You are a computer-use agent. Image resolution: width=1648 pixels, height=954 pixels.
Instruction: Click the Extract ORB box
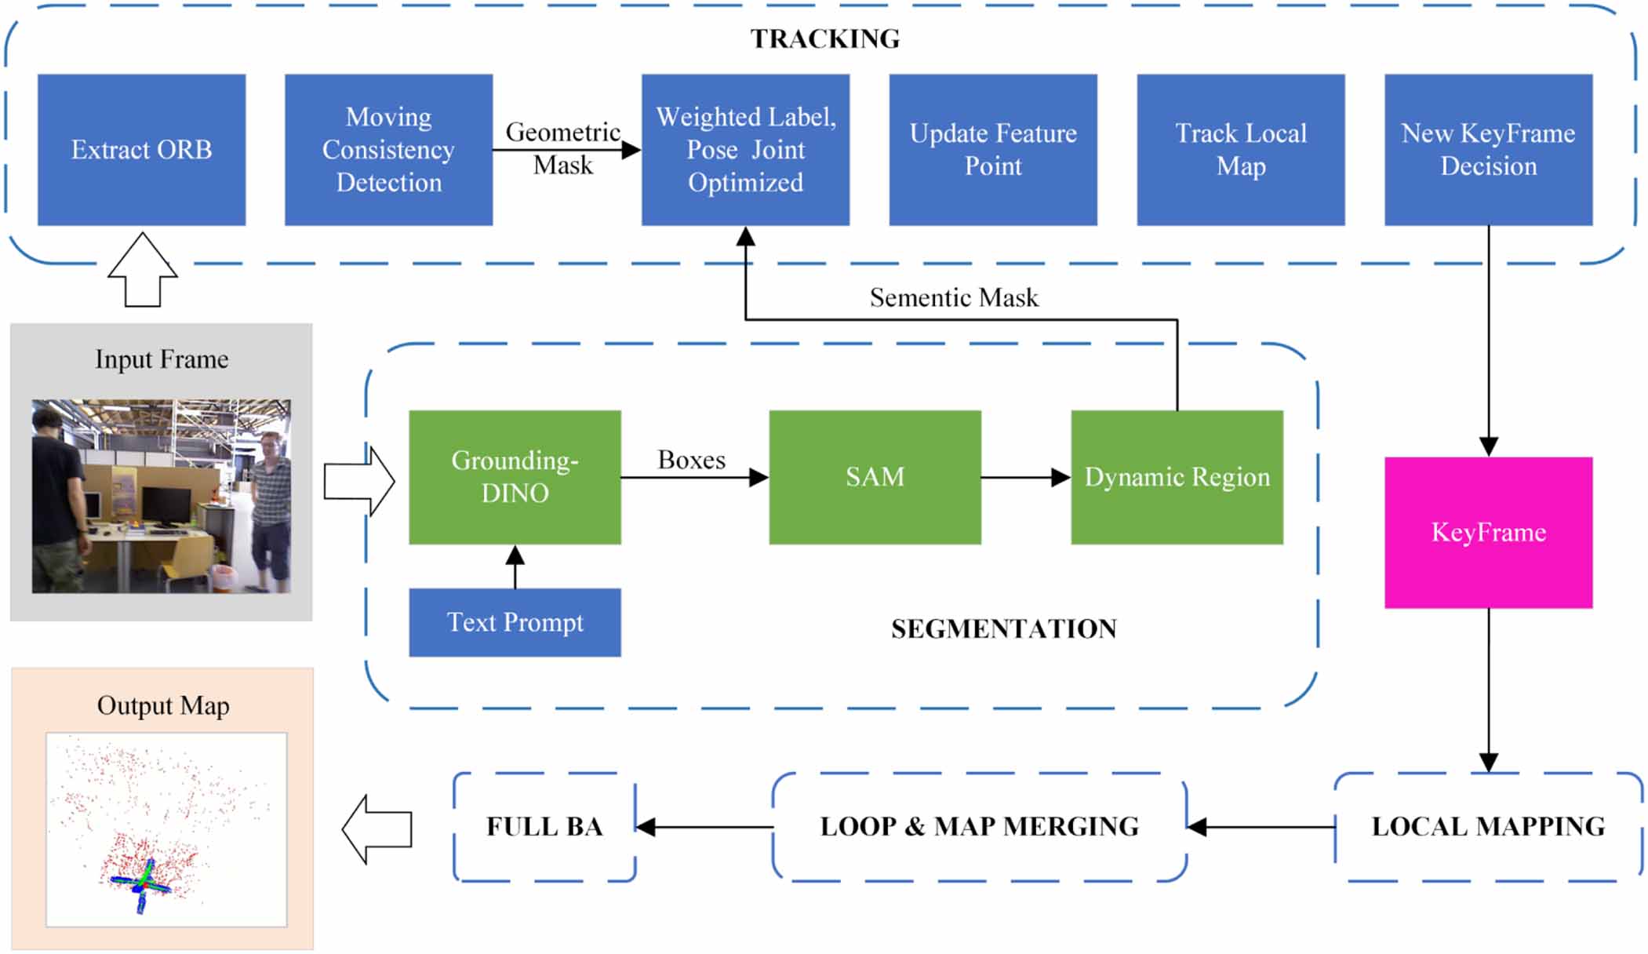point(141,150)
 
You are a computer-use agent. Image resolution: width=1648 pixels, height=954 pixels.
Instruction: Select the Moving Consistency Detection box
point(388,150)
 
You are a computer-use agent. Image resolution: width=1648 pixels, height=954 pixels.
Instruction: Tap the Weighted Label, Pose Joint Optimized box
point(745,150)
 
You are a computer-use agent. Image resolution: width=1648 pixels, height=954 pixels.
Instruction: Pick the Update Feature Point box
point(992,150)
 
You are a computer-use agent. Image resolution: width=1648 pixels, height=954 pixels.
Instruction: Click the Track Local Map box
point(1240,150)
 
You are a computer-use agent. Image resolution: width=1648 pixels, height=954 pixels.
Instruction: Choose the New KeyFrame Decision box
point(1488,150)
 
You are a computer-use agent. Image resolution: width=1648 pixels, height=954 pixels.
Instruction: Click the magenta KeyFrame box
point(1488,532)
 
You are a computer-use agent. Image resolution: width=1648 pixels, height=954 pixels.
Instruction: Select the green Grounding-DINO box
point(515,476)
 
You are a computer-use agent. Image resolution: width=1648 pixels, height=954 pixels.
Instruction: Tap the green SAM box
point(875,476)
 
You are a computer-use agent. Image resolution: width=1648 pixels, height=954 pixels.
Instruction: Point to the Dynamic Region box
point(1177,476)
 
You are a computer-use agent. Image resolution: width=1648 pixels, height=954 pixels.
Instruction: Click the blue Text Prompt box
point(515,622)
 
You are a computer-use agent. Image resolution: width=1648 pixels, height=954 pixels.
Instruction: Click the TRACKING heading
point(824,38)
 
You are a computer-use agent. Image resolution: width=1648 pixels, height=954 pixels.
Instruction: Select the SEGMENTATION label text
point(1003,628)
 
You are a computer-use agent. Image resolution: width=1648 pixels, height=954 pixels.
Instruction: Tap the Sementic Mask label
point(953,297)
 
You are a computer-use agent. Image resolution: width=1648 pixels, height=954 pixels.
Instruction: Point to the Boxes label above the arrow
point(691,460)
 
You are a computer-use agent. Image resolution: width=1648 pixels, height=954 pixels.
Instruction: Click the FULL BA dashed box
point(544,826)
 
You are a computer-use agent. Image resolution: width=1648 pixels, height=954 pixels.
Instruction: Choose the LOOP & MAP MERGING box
point(979,826)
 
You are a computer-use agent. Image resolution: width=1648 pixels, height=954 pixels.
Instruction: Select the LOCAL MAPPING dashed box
point(1488,826)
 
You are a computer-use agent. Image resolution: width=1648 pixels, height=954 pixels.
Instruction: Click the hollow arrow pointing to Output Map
point(378,829)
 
